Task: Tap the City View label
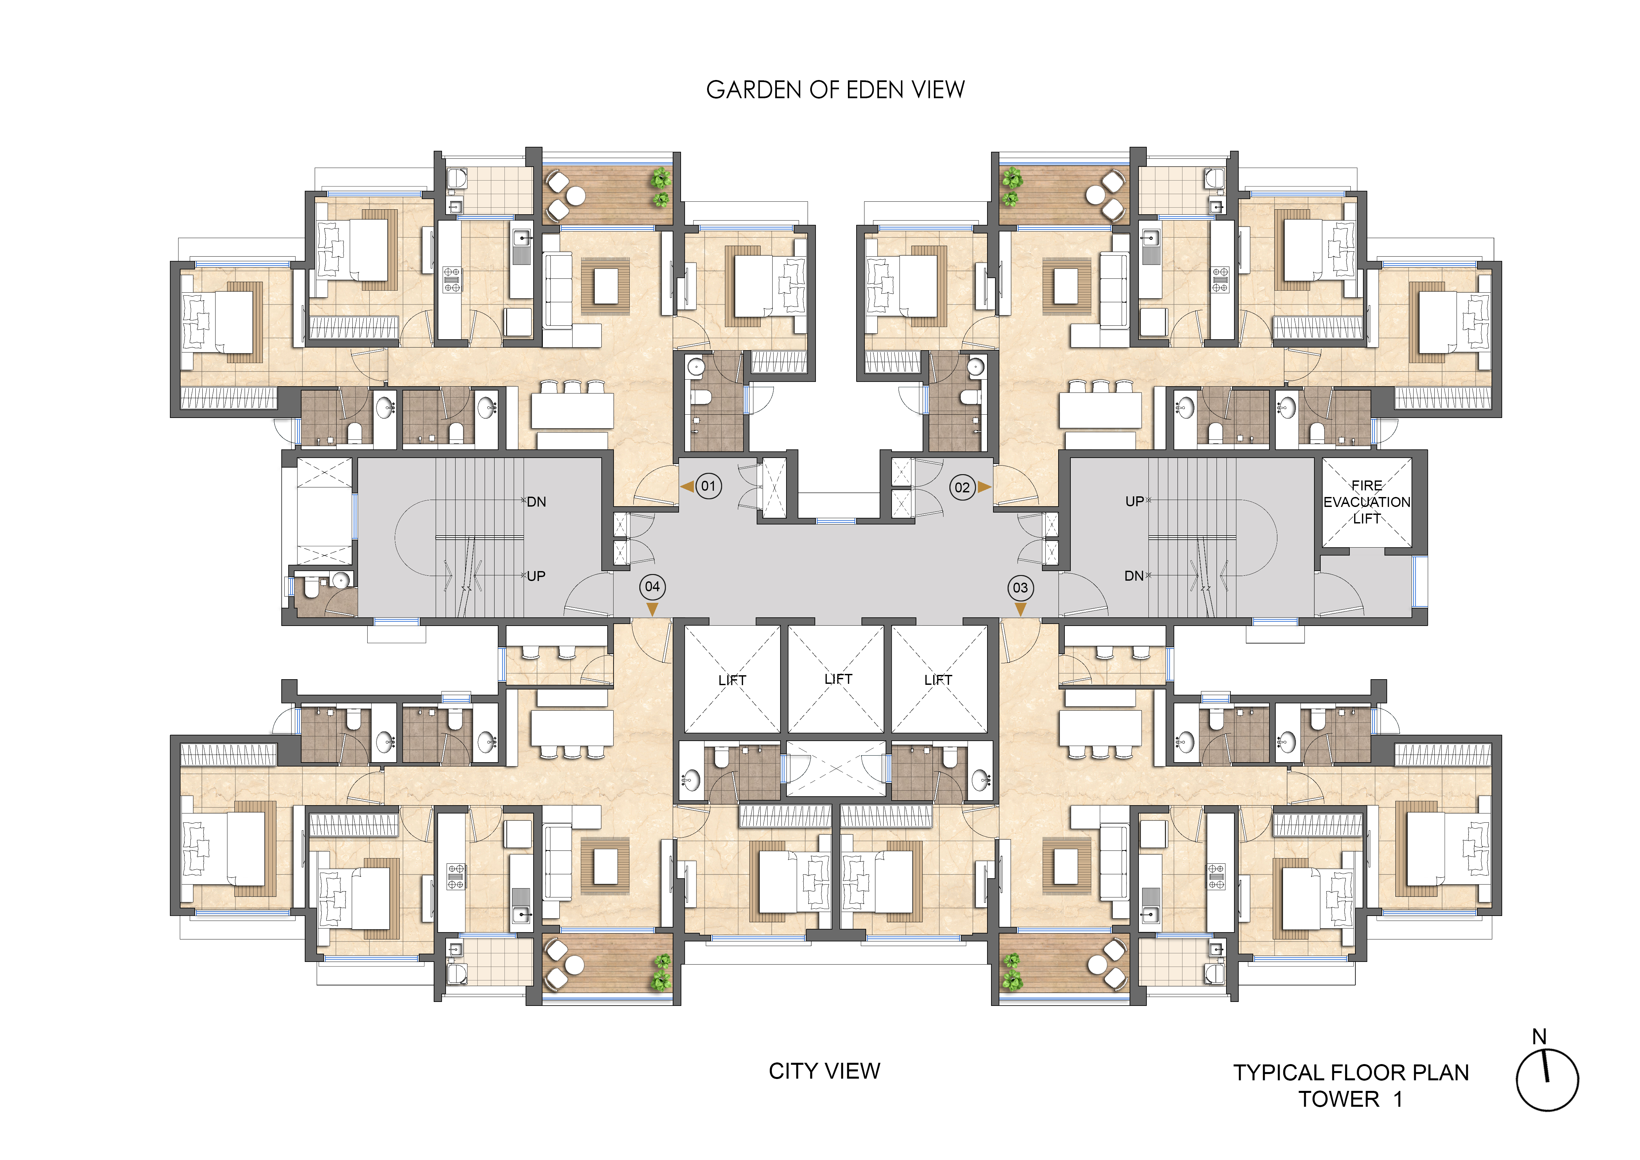[824, 1071]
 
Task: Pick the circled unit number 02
[962, 488]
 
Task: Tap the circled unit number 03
[1020, 588]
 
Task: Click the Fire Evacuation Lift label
[1366, 502]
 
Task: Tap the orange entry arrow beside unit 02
[984, 487]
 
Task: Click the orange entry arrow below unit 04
[652, 608]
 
